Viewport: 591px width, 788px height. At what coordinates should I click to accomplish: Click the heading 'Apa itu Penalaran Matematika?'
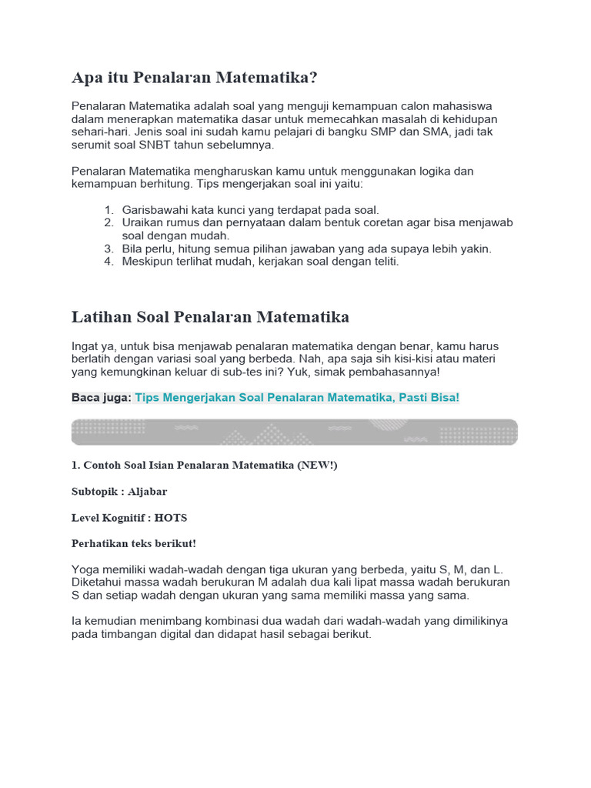194,78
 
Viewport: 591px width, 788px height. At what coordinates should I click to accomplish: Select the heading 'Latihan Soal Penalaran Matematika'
210,317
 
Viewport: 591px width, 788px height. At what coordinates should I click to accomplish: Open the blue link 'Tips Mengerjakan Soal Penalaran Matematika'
297,397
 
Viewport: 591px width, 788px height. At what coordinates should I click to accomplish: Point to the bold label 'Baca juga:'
102,397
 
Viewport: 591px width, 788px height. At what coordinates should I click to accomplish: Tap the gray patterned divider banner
295,432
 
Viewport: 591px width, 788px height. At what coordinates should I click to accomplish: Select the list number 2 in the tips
109,222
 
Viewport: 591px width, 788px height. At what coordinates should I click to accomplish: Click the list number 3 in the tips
109,249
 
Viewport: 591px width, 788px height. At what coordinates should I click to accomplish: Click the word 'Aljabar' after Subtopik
148,491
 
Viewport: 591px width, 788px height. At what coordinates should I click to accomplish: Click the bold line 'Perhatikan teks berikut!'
134,543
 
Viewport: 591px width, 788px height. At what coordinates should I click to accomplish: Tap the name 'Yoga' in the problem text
85,569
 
